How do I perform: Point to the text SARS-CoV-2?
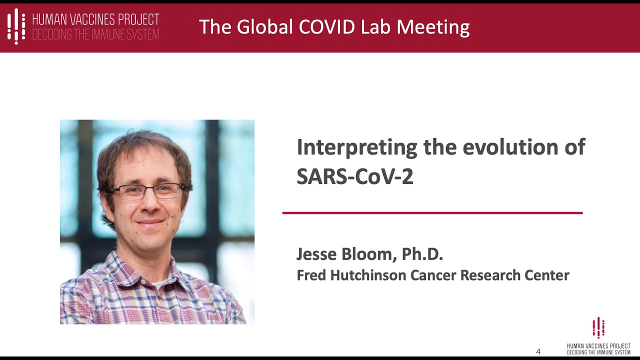355,176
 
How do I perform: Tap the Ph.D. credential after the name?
422,254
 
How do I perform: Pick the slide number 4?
538,351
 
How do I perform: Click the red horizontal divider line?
432,213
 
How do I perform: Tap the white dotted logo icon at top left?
16,26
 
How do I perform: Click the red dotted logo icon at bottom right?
598,328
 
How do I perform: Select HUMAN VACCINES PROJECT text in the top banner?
95,19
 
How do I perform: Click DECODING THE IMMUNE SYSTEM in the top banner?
95,34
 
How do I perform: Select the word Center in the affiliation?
548,275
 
